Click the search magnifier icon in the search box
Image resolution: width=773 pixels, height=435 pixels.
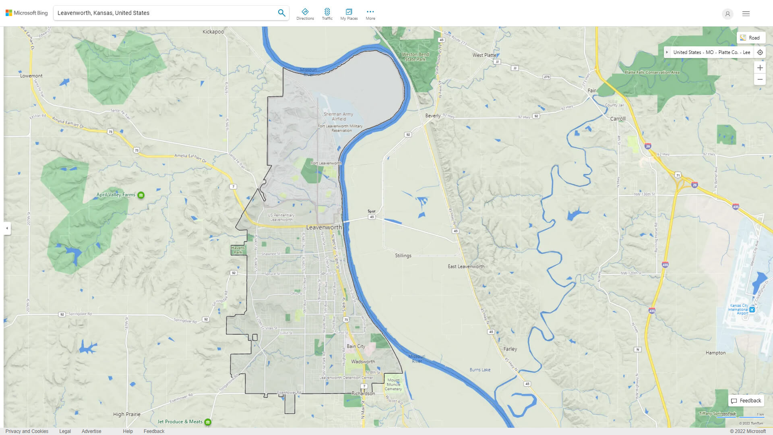(281, 13)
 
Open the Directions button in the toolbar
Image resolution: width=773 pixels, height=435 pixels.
(305, 14)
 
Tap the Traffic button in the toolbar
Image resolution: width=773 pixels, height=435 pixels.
(327, 14)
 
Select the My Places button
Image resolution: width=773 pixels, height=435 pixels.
(349, 14)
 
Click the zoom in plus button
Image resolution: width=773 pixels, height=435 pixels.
(760, 68)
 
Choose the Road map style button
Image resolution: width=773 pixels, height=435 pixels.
(751, 38)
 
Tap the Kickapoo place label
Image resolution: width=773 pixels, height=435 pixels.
(213, 32)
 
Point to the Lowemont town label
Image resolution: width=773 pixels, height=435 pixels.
(31, 76)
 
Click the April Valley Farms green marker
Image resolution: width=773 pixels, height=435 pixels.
(141, 195)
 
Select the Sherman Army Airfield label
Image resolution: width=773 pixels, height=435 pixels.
(338, 116)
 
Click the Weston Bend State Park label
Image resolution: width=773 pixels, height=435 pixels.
(415, 57)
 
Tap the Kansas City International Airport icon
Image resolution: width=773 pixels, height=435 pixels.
(752, 310)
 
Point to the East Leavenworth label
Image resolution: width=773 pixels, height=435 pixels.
(466, 267)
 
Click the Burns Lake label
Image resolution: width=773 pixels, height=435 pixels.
(480, 370)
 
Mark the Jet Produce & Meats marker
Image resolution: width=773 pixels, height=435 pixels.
(208, 422)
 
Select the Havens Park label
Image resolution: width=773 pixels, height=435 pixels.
(238, 250)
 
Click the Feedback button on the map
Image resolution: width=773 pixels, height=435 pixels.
(746, 401)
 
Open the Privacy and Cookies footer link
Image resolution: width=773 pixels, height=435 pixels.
(27, 431)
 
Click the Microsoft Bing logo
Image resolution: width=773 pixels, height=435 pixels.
(27, 13)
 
